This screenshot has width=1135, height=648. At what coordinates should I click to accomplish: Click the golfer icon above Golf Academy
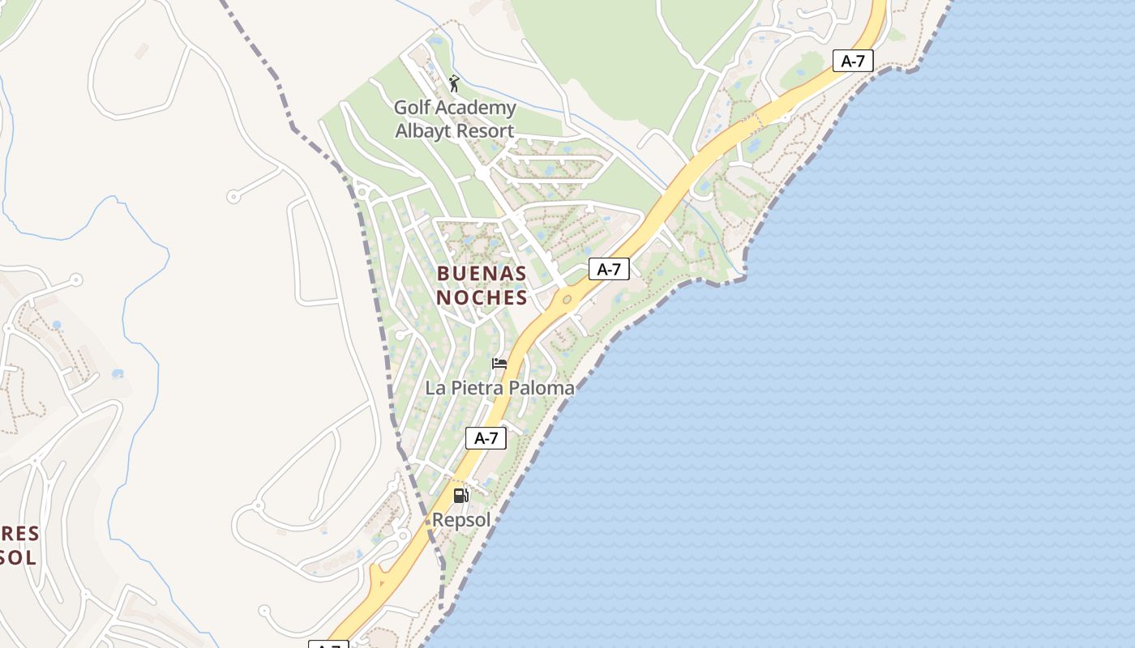[x=454, y=83]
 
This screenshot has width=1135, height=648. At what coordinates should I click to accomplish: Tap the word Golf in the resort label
[x=412, y=108]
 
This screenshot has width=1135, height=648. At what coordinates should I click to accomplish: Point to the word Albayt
[x=422, y=131]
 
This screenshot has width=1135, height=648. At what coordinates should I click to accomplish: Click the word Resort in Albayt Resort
[x=484, y=131]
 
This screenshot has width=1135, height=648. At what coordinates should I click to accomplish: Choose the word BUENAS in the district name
[x=482, y=273]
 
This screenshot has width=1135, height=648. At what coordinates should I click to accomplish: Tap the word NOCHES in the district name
[x=482, y=297]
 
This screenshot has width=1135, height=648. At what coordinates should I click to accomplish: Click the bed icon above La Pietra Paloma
[x=499, y=364]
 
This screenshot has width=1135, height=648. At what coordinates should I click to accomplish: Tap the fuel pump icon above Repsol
[x=460, y=495]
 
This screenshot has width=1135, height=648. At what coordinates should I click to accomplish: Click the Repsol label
[x=461, y=520]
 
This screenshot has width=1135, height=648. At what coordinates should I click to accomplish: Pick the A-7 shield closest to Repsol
[x=486, y=438]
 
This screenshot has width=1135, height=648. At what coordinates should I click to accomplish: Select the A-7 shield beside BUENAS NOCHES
[x=609, y=270]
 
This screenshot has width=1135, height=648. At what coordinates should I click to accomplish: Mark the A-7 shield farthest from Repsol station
[x=853, y=61]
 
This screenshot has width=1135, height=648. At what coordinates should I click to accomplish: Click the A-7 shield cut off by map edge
[x=328, y=644]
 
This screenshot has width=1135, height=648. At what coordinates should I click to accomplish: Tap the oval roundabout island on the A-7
[x=567, y=300]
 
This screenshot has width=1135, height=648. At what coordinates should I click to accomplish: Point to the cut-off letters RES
[x=19, y=534]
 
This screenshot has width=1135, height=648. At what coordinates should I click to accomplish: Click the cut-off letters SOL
[x=18, y=557]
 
